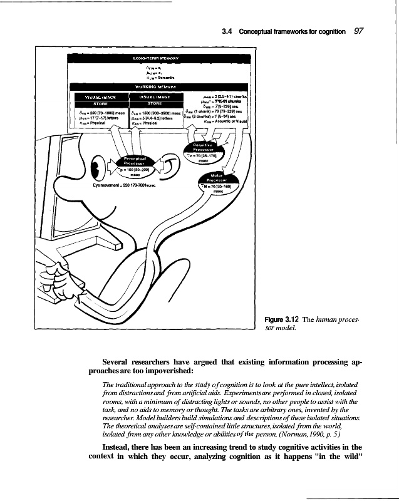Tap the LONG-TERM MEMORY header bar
[x=156, y=58]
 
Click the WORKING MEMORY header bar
[x=156, y=86]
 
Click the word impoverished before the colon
[x=148, y=372]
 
